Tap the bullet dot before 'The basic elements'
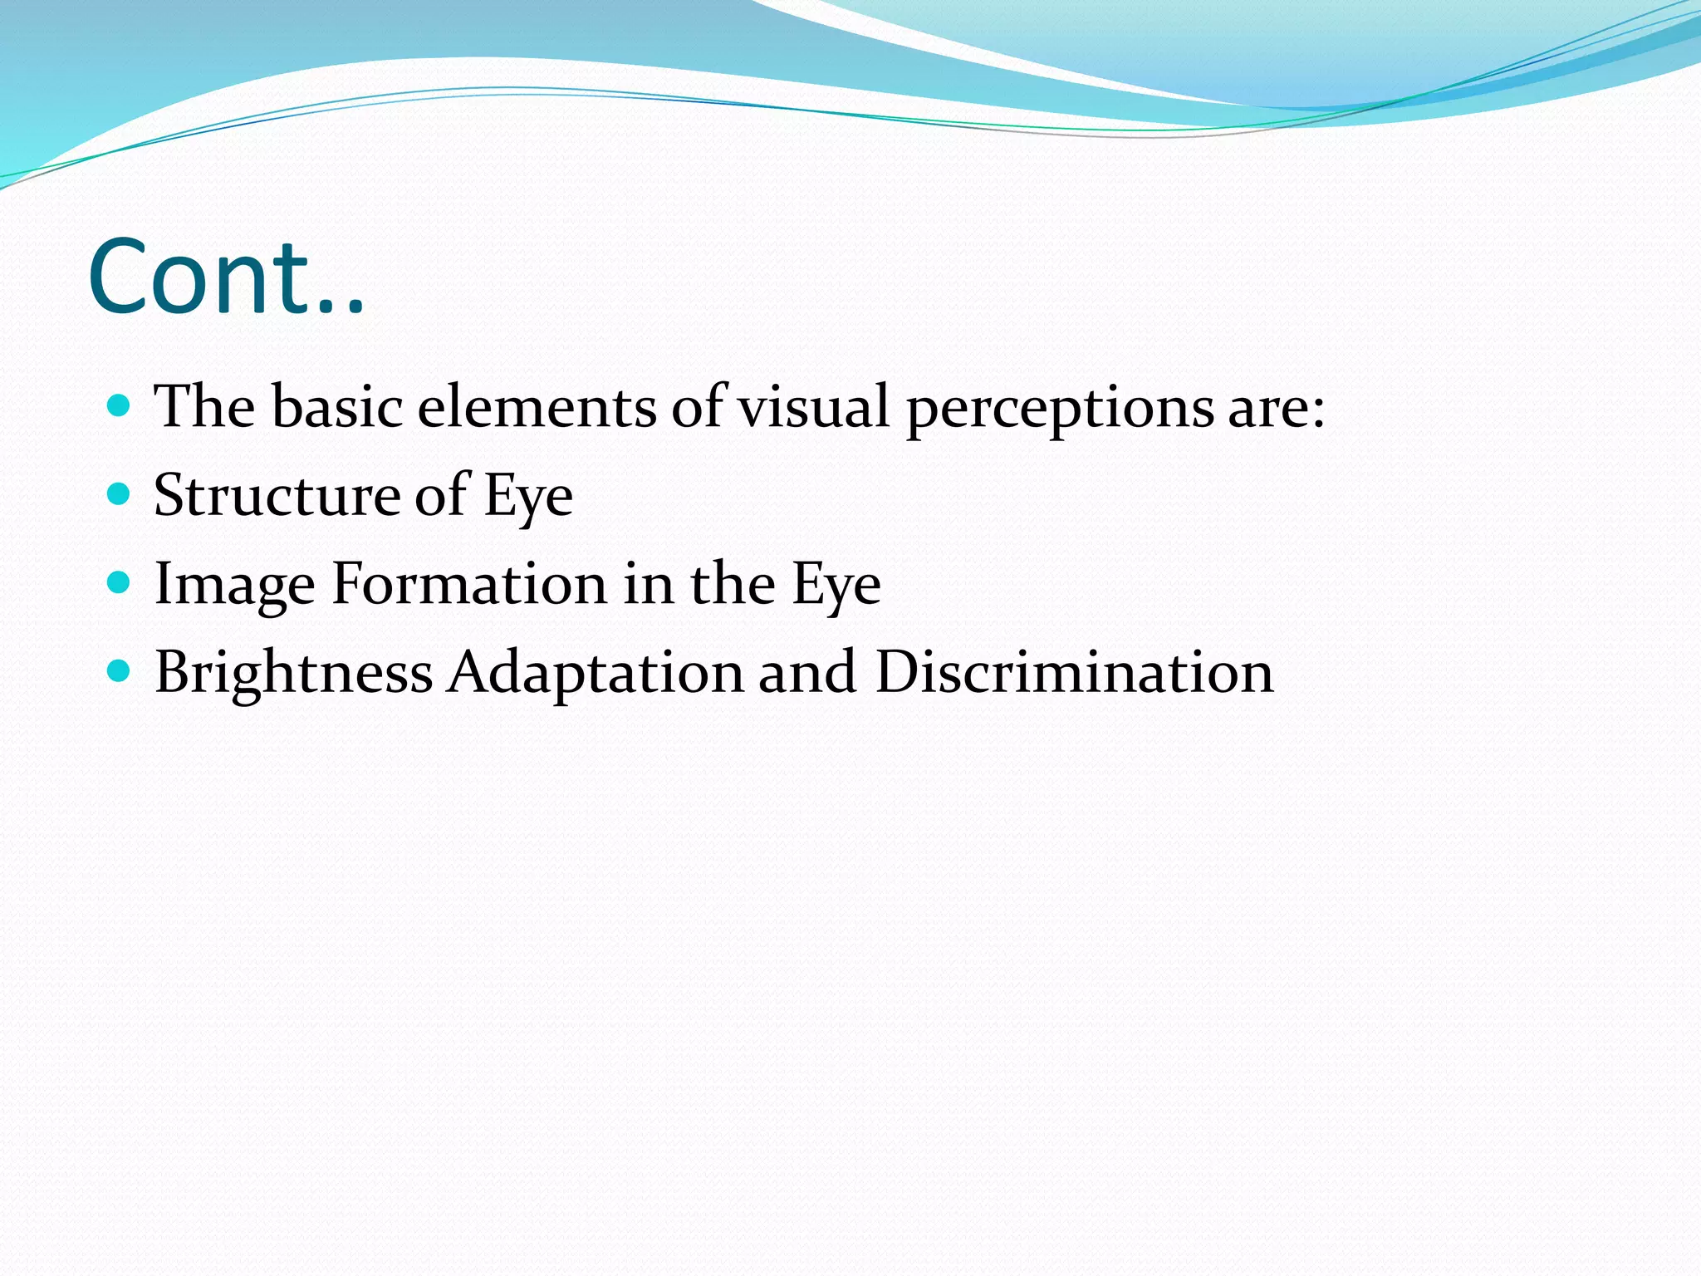click(x=120, y=406)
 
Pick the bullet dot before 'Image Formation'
click(x=120, y=583)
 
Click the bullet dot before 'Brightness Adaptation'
click(x=120, y=671)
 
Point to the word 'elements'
click(x=537, y=407)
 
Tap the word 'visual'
click(x=814, y=407)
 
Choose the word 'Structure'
click(x=276, y=496)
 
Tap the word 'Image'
click(x=235, y=585)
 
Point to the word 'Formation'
click(x=470, y=583)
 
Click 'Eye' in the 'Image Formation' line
click(x=836, y=585)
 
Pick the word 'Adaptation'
click(x=596, y=673)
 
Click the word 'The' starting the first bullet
click(x=204, y=407)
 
